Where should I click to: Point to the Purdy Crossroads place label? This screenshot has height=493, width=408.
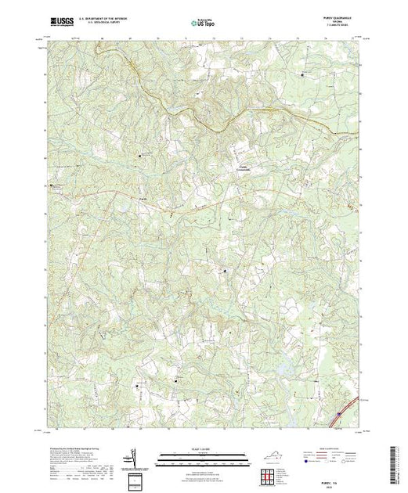[244, 171]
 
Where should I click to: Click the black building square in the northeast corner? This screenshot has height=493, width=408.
[305, 74]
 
